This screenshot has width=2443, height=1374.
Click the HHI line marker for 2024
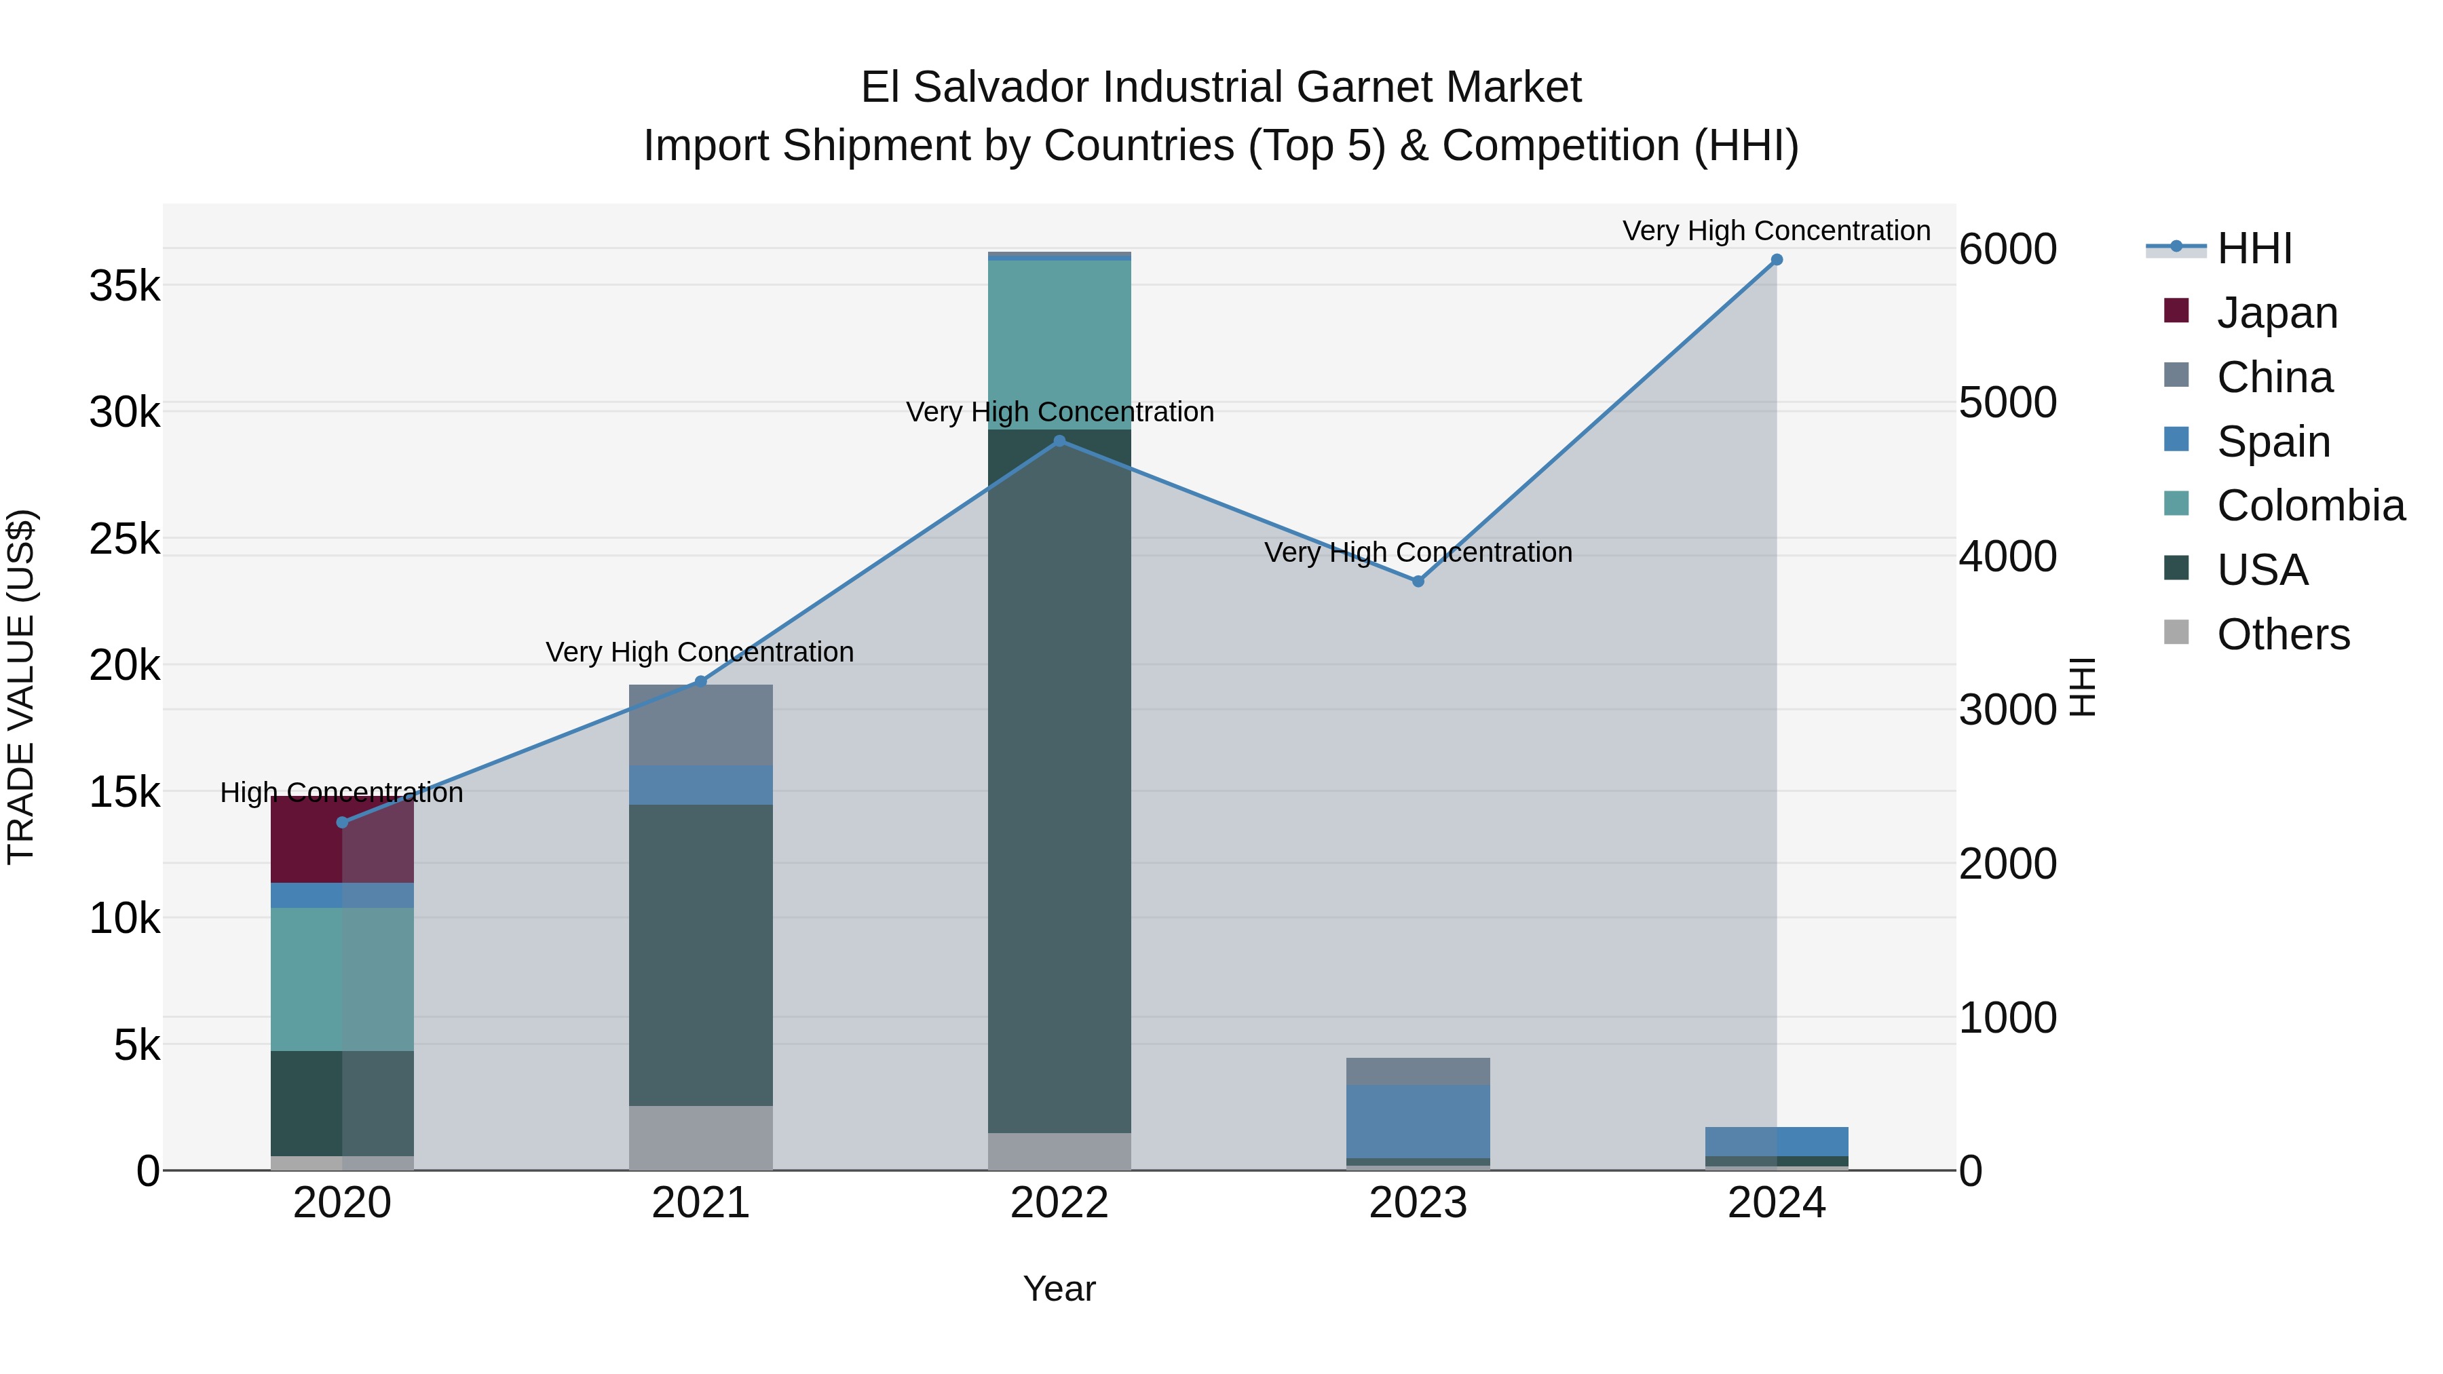tap(1777, 260)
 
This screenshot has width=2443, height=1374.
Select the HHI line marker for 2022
tap(1059, 441)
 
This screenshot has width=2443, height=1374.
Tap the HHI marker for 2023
tap(1418, 581)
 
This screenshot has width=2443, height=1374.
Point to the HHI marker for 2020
tap(343, 822)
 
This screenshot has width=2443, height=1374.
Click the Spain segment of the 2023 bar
tap(1418, 1121)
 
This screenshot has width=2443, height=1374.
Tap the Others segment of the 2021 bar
tap(701, 1137)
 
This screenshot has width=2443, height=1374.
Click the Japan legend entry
tap(2276, 313)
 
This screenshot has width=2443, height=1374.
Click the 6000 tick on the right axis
tap(2007, 250)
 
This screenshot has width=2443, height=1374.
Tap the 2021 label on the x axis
tap(701, 1203)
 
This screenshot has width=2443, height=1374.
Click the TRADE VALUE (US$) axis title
tap(21, 687)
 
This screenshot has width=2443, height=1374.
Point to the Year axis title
tap(1059, 1289)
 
